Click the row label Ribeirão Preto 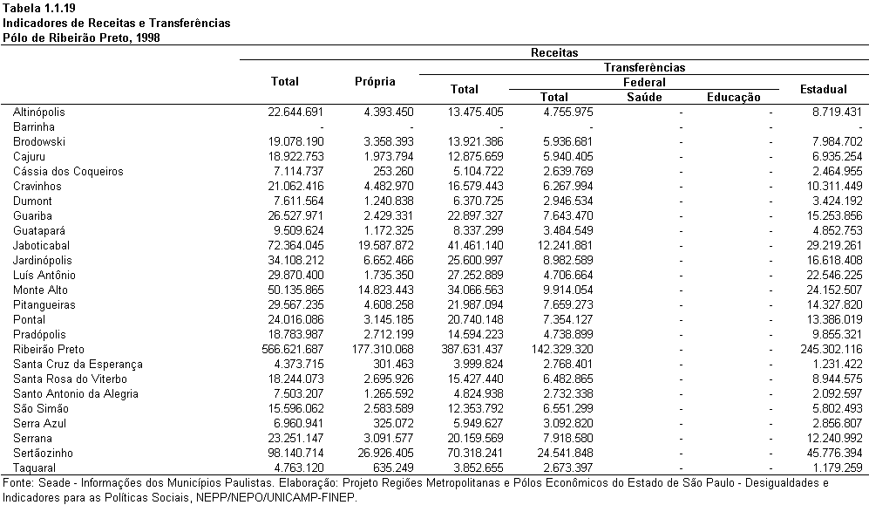click(49, 349)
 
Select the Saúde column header click(644, 97)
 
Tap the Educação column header click(734, 98)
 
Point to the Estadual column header click(824, 89)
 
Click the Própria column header click(375, 82)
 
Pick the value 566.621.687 click(293, 349)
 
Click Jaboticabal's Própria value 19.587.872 click(386, 246)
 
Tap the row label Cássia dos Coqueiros click(68, 171)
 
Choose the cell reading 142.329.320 click(562, 349)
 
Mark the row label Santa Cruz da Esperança click(78, 365)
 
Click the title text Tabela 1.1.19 click(39, 9)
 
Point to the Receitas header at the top click(554, 52)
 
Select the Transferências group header click(644, 68)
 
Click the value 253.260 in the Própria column click(393, 171)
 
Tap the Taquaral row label click(34, 467)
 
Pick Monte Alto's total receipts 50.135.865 click(295, 290)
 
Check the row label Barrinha click(34, 127)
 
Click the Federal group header click(644, 83)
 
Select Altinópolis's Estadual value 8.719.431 click(838, 112)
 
